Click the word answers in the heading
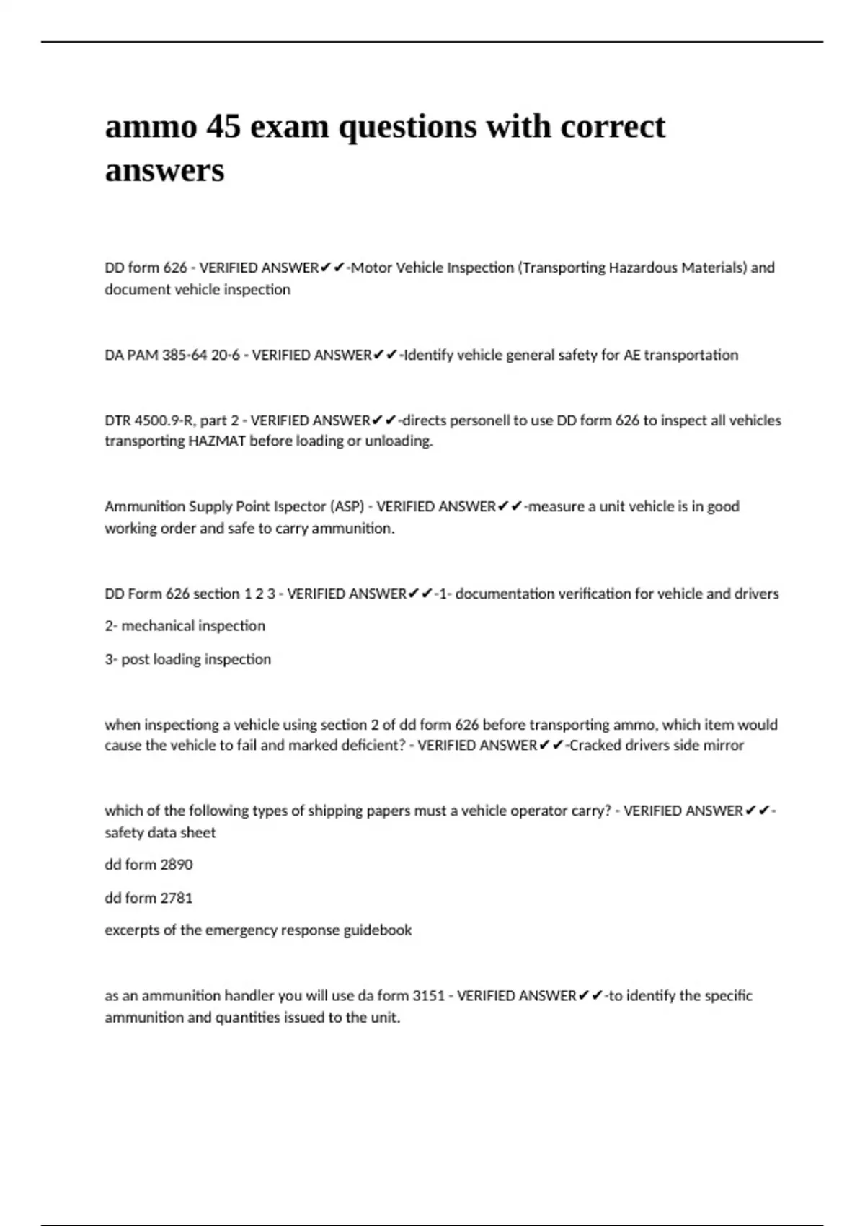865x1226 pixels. [x=164, y=171]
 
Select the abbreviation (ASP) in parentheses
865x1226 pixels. [x=347, y=506]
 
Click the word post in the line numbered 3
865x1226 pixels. [x=135, y=659]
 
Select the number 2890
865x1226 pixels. [x=177, y=865]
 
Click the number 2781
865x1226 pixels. [x=177, y=898]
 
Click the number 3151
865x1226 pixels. [x=428, y=996]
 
